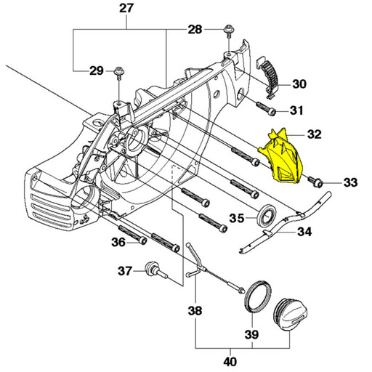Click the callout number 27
pyautogui.click(x=126, y=9)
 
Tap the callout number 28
pyautogui.click(x=195, y=30)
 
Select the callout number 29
pyautogui.click(x=97, y=70)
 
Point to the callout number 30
pyautogui.click(x=299, y=84)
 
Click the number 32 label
pyautogui.click(x=314, y=134)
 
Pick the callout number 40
pyautogui.click(x=230, y=361)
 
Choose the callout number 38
pyautogui.click(x=195, y=310)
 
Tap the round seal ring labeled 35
pyautogui.click(x=266, y=215)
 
